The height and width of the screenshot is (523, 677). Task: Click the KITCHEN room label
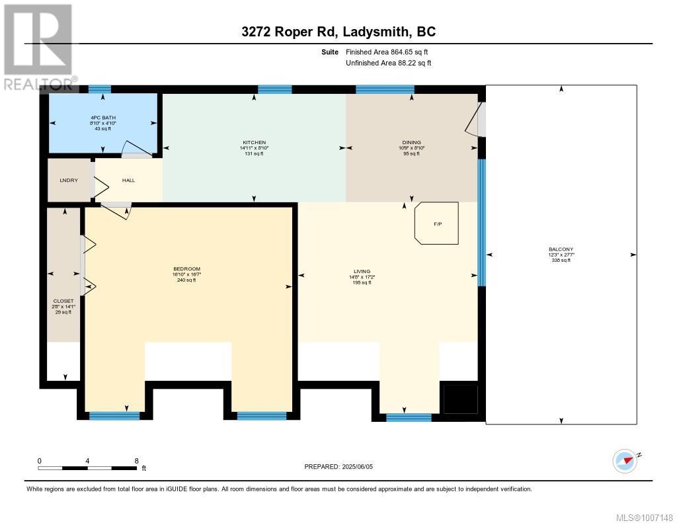(x=254, y=143)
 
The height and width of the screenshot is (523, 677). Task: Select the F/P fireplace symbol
(x=436, y=224)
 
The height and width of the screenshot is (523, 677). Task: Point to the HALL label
(x=128, y=180)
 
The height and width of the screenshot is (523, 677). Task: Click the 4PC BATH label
(x=102, y=118)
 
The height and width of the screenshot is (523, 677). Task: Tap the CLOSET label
(x=63, y=301)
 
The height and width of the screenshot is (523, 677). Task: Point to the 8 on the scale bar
(x=136, y=461)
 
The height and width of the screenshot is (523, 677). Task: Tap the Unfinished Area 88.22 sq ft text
(x=389, y=63)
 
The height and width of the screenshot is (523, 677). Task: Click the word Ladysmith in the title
(x=375, y=32)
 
